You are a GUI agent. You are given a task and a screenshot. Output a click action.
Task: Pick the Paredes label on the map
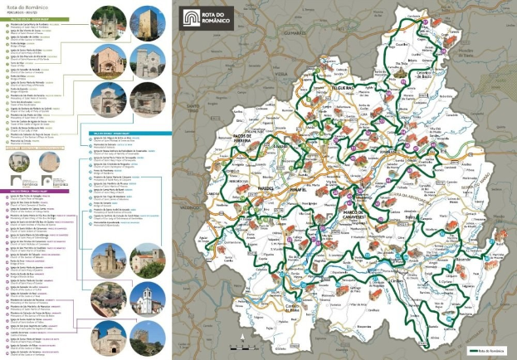[271, 187]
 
